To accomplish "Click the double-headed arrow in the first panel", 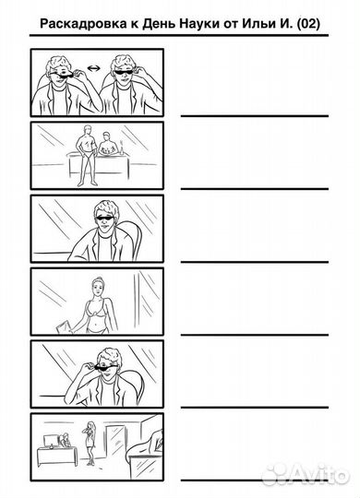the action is point(93,68).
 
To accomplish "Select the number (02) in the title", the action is point(308,24).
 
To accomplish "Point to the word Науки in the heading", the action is point(198,24).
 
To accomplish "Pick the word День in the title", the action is point(159,24).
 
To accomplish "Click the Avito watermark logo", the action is point(305,474).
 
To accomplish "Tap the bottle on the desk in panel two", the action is point(121,147).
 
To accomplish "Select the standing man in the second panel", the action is point(86,156).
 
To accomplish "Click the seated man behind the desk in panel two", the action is point(107,144).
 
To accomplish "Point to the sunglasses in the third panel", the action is point(105,219).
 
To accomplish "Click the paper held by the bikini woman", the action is point(64,326).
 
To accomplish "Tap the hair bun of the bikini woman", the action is point(97,279).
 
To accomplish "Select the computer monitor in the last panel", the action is point(51,441).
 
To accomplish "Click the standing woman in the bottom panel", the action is point(90,443).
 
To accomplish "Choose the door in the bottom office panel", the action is point(114,441).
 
